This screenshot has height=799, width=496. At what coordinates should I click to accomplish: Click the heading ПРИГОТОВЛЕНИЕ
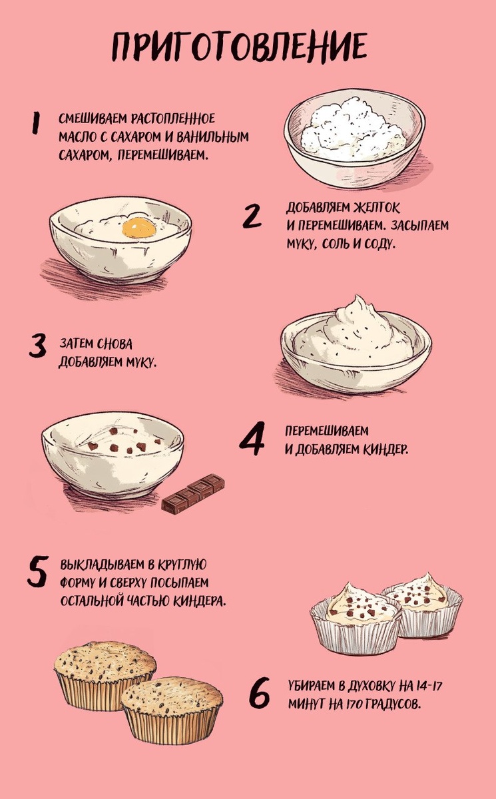240,47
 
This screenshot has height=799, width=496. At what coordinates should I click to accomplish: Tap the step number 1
36,123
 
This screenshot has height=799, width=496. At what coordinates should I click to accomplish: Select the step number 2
252,216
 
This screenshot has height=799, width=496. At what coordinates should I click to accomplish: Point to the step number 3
38,345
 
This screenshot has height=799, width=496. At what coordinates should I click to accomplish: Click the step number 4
252,439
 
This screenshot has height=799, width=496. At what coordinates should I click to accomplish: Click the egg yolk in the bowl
139,228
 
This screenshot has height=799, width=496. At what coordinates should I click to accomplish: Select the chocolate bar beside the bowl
193,493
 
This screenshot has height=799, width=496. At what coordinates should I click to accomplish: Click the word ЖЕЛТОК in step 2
376,208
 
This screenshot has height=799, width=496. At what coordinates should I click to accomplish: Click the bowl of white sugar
354,138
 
